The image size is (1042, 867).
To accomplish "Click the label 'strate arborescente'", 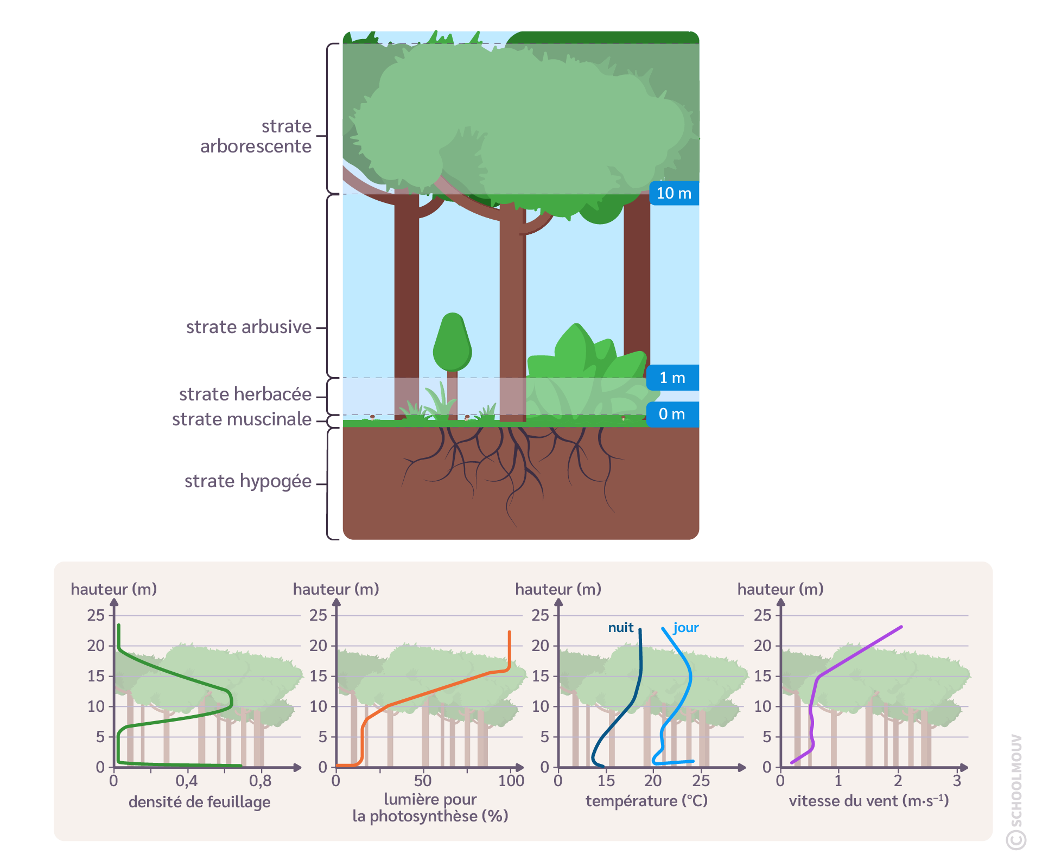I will click(256, 136).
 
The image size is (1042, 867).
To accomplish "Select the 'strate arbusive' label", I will click(249, 327).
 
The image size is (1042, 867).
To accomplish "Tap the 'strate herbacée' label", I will click(245, 394).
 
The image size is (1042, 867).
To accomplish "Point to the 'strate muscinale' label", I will click(242, 419).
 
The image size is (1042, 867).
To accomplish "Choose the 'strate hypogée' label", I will click(248, 481).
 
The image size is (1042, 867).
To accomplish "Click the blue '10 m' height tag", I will click(674, 193).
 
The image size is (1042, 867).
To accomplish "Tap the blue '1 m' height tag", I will click(672, 378).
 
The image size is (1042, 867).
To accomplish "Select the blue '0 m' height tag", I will click(672, 414).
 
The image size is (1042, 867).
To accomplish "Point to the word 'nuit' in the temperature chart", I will click(620, 628).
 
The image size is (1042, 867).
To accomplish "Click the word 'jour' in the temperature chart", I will click(686, 628).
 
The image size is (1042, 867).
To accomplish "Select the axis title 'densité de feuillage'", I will click(199, 802).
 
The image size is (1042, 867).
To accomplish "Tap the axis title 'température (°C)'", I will click(646, 801).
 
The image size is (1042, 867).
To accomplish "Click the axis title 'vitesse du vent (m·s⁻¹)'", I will click(868, 801).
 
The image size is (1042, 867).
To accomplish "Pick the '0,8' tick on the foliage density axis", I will click(260, 781).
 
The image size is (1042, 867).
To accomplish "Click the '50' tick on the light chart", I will click(423, 781).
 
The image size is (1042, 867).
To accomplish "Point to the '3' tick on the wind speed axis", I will click(957, 781).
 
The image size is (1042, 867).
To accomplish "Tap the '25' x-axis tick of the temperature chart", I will click(701, 781).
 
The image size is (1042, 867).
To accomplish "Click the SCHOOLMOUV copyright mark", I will click(1016, 792).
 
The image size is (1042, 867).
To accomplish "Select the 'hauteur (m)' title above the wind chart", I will click(780, 589).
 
